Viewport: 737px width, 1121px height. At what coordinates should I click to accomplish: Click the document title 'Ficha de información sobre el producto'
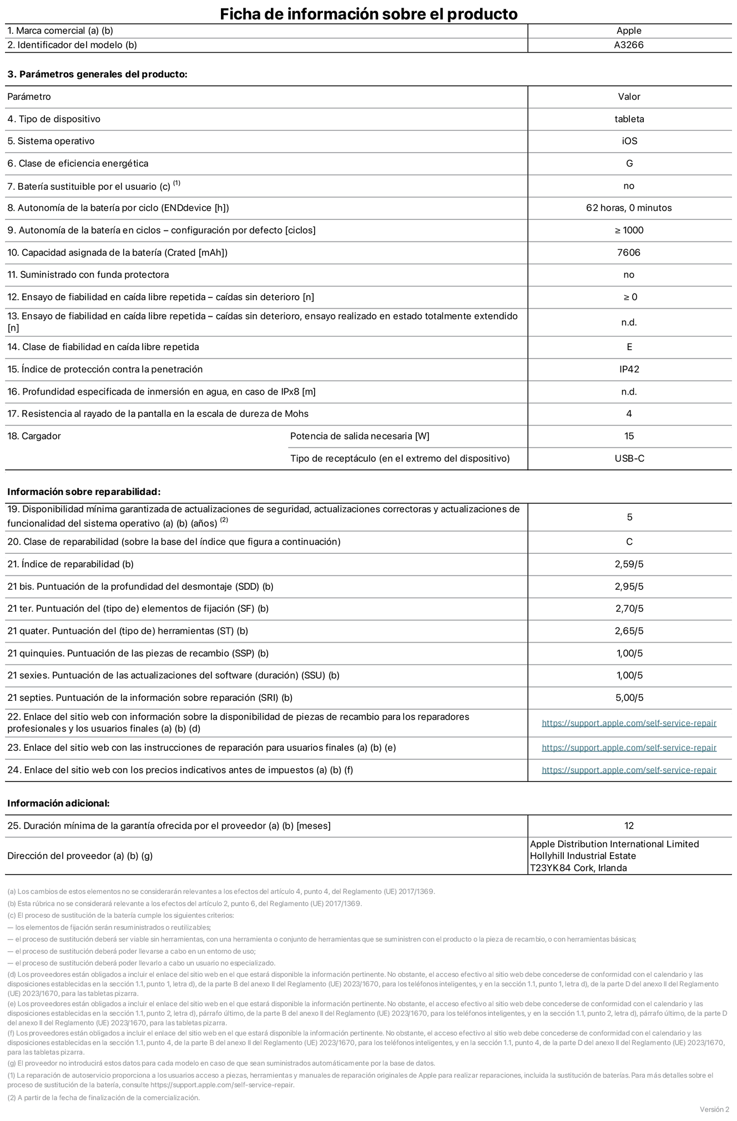tap(368, 14)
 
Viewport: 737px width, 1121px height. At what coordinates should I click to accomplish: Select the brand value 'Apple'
tap(629, 31)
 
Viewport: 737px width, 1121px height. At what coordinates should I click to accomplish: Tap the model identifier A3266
tap(629, 46)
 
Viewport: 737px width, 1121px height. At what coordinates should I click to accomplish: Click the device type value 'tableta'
tap(629, 119)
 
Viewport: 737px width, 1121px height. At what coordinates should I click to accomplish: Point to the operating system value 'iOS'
tap(629, 142)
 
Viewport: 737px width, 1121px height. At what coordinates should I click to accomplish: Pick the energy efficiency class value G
tap(629, 164)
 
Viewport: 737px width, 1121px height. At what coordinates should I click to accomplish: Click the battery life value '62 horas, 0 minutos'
tap(629, 208)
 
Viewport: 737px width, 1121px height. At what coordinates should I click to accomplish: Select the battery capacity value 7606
tap(629, 253)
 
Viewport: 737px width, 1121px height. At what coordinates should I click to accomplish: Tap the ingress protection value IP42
tap(629, 370)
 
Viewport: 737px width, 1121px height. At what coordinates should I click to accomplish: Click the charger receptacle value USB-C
tap(629, 459)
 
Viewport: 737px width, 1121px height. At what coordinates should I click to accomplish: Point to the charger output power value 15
tap(629, 436)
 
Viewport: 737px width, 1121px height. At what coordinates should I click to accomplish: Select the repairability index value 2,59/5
tap(629, 564)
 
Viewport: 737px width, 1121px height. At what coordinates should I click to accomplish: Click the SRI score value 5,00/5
tap(629, 698)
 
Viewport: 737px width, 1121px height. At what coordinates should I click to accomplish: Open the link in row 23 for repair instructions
tap(629, 748)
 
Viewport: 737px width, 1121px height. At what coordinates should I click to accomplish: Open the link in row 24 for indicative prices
tap(629, 770)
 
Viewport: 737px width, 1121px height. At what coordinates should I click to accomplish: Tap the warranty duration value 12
tap(629, 826)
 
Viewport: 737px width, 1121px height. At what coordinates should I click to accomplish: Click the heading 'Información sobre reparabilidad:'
tap(84, 492)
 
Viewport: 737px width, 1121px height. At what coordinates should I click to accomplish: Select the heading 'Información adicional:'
tap(58, 804)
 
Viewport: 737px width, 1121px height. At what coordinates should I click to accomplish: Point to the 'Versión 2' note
tap(714, 1109)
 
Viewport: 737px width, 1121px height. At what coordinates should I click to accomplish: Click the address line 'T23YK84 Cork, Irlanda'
tap(578, 868)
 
